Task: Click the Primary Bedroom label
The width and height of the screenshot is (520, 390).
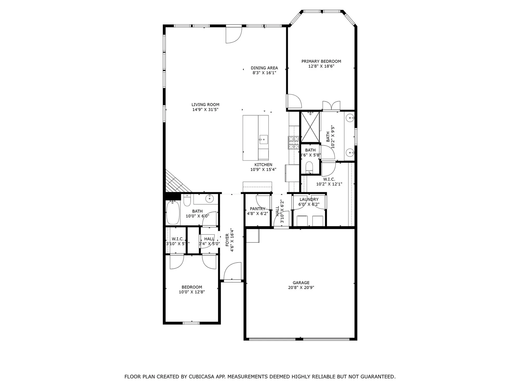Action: [321, 61]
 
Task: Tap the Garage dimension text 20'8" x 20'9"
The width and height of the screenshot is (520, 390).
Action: [301, 288]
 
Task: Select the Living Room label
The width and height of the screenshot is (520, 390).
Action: [205, 105]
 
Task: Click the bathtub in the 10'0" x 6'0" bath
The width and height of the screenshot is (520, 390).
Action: [173, 213]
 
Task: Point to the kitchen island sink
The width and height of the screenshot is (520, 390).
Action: [263, 139]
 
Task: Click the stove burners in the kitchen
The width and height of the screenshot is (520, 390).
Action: [293, 142]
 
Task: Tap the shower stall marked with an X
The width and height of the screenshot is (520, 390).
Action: [310, 127]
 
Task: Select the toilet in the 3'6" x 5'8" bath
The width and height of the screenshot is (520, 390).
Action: [309, 166]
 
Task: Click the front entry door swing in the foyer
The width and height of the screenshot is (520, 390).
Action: [232, 271]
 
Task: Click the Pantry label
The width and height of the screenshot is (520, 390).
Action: [257, 209]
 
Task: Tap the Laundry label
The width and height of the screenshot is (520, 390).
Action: [309, 199]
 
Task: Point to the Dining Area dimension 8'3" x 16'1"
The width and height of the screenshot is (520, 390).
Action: [264, 73]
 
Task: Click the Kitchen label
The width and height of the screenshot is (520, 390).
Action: [263, 165]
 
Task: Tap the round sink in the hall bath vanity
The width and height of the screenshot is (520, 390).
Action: [209, 199]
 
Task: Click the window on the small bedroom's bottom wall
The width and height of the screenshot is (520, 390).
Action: [191, 323]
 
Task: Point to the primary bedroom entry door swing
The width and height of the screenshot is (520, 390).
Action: [294, 101]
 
